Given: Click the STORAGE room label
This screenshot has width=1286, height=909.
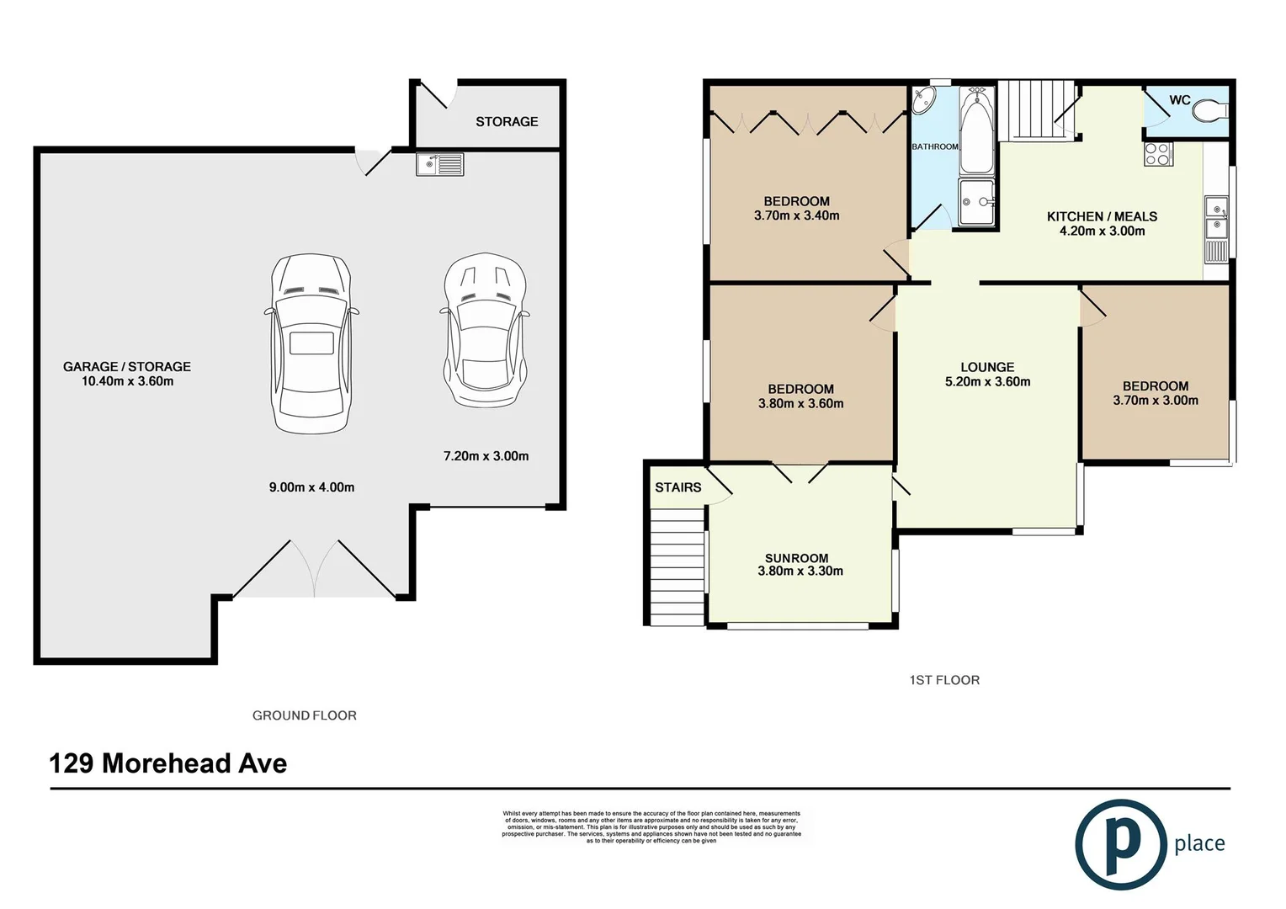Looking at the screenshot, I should point(507,122).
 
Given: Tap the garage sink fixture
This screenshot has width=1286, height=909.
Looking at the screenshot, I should point(439,164).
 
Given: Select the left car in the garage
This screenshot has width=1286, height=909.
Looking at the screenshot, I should point(311,343).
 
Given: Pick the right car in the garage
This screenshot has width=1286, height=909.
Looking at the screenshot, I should point(485,331).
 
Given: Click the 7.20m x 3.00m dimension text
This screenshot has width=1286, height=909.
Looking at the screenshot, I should point(486,456).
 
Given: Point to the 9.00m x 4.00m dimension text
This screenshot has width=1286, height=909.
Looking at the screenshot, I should point(311,487).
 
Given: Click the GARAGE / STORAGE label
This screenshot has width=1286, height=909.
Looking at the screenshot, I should point(127,367).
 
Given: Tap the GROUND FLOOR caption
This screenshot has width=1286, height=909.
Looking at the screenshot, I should point(305,715).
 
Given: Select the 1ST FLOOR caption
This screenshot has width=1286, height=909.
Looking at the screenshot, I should point(944,680).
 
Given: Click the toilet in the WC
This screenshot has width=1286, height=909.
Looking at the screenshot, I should point(1212,110).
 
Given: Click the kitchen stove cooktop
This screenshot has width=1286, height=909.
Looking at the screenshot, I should point(1158,154).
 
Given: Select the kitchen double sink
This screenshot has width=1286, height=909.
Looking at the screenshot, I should point(1216,217).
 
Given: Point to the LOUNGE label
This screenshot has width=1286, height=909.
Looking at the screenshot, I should point(987,368).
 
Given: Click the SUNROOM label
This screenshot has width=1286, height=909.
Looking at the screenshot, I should point(796,558).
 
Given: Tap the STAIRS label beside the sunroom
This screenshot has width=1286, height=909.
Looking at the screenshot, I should point(678,487).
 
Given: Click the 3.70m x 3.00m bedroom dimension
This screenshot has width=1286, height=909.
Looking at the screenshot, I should point(1156,401).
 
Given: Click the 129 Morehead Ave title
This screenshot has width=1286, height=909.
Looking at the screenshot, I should point(168,763).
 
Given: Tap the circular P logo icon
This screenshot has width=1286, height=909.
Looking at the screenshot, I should point(1120,844).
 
